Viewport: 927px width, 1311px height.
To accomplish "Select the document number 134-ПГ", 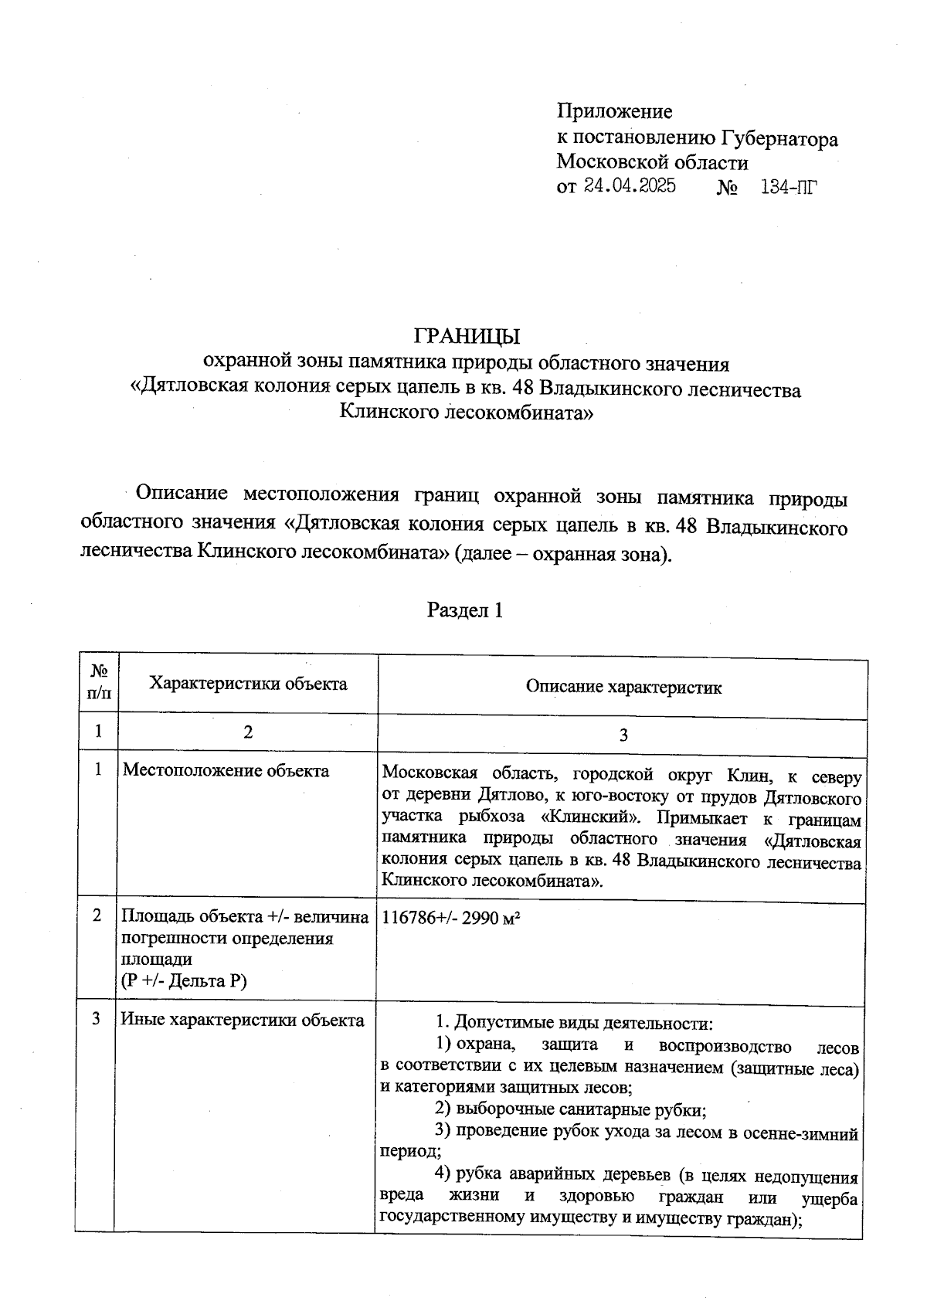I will tap(788, 187).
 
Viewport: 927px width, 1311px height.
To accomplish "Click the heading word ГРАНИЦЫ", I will tap(467, 337).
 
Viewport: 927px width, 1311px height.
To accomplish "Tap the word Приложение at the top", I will tap(614, 112).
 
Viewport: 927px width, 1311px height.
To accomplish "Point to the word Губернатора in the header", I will tap(779, 139).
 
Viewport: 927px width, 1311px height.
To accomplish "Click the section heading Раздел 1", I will tap(465, 611).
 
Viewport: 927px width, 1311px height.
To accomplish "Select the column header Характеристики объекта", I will tap(247, 684).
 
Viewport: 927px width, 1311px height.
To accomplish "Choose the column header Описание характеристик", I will tap(623, 688).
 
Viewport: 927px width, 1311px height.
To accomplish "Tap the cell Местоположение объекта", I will tap(226, 771).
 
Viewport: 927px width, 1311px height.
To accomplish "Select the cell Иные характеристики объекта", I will tap(242, 1020).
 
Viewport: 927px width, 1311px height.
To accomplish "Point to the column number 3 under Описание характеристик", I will tap(623, 735).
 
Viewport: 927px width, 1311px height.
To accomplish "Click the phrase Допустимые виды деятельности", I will tap(583, 1024).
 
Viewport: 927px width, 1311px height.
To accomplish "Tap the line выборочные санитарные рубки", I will tap(580, 1110).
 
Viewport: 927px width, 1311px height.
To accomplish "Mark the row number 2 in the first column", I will tap(97, 915).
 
